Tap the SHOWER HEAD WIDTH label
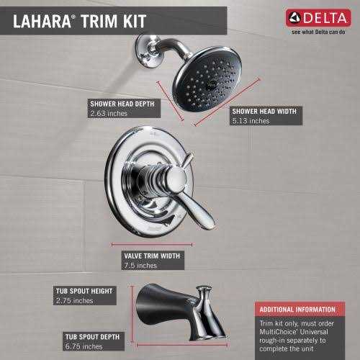pyautogui.click(x=264, y=111)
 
